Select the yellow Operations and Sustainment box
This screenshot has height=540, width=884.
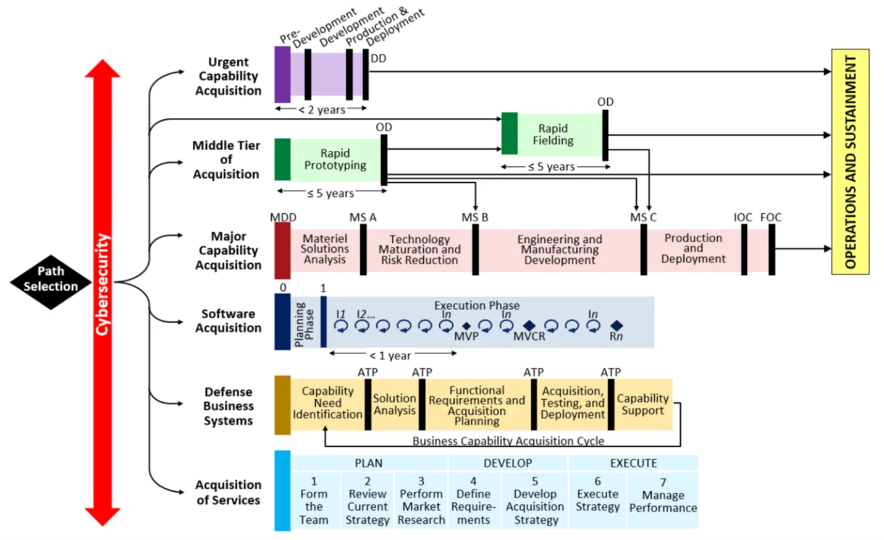850,161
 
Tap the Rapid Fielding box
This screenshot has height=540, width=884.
553,134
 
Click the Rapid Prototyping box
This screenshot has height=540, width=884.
335,159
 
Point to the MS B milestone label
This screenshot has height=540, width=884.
474,217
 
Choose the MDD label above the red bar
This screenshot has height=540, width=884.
283,217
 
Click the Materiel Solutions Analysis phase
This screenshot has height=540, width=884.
325,249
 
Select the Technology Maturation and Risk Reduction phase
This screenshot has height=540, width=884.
419,250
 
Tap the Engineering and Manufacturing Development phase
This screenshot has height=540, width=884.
560,250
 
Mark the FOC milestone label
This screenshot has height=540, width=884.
770,217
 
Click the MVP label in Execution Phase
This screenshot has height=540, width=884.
466,337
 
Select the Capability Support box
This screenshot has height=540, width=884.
642,405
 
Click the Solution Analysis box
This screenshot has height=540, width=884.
394,405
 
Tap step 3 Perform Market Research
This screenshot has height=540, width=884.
421,500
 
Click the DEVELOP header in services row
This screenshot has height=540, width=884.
508,463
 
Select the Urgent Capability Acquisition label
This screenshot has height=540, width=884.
228,77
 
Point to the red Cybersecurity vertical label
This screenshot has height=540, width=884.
102,284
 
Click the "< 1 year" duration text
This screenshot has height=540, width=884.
390,356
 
